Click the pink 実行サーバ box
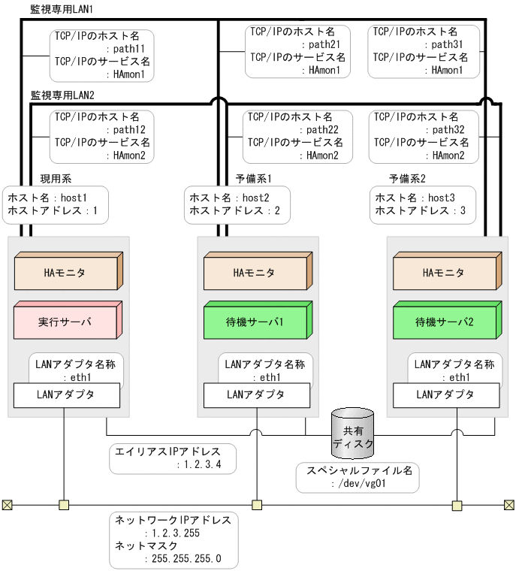(x=65, y=322)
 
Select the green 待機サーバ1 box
(x=255, y=322)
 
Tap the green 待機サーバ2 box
(x=445, y=322)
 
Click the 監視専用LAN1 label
(x=56, y=9)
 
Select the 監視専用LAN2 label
(x=62, y=96)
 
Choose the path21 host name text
(x=324, y=44)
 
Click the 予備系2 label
(x=407, y=179)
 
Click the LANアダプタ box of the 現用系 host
(x=65, y=394)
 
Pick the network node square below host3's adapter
(x=456, y=505)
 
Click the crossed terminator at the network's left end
(x=7, y=505)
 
